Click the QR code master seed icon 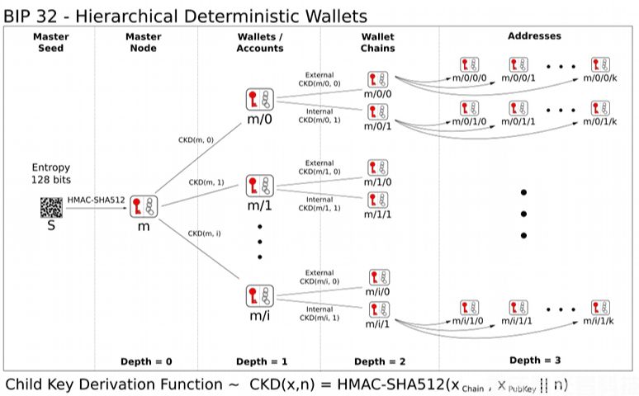(x=51, y=206)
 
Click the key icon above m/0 (x=259, y=101)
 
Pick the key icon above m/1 (x=259, y=186)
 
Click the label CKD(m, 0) (x=196, y=140)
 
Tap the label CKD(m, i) (x=205, y=233)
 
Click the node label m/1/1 (x=378, y=214)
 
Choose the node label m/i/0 (x=378, y=292)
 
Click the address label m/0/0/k (x=599, y=78)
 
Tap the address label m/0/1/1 (x=519, y=121)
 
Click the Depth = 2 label (x=381, y=361)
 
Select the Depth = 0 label (x=146, y=361)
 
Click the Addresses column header (x=534, y=36)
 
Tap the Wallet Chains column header (x=378, y=42)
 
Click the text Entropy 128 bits (x=51, y=173)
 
